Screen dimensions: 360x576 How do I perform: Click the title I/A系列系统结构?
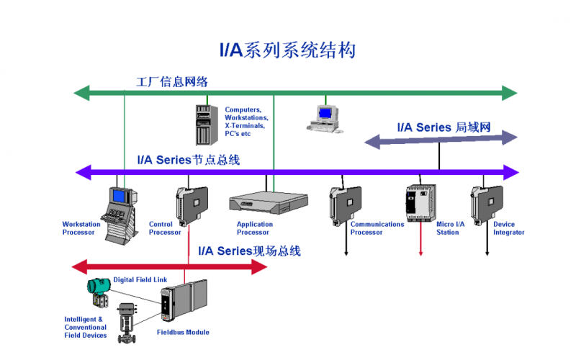coord(287,50)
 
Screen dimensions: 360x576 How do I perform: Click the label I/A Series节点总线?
coord(188,160)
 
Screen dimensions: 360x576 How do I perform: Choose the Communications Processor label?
coord(377,228)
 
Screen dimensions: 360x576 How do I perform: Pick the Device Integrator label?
coord(508,228)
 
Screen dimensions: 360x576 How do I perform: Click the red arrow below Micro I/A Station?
coord(420,245)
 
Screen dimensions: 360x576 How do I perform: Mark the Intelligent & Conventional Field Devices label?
coord(86,327)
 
